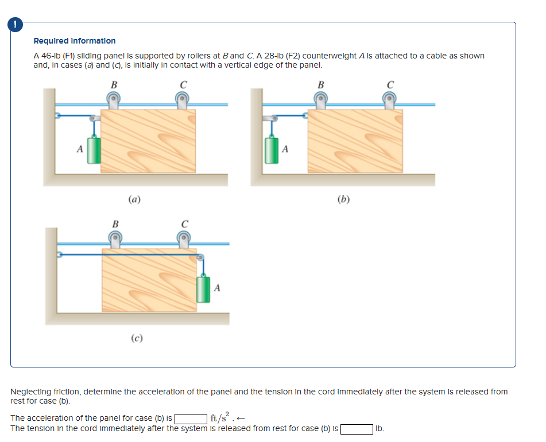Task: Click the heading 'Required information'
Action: [x=75, y=41]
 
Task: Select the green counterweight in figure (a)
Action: [x=94, y=150]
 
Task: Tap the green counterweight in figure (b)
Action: [x=272, y=150]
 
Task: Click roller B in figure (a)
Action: [x=114, y=100]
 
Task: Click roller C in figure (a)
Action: [x=183, y=100]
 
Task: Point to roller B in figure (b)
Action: [x=320, y=100]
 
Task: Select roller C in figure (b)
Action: [x=390, y=100]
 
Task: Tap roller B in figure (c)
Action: [x=115, y=239]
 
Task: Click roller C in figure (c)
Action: [x=184, y=239]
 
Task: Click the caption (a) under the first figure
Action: [x=135, y=200]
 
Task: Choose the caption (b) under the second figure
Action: [x=343, y=200]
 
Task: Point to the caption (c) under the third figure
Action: [x=137, y=338]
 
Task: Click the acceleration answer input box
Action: [x=191, y=418]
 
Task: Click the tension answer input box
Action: [x=357, y=429]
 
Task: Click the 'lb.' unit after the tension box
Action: [x=380, y=429]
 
